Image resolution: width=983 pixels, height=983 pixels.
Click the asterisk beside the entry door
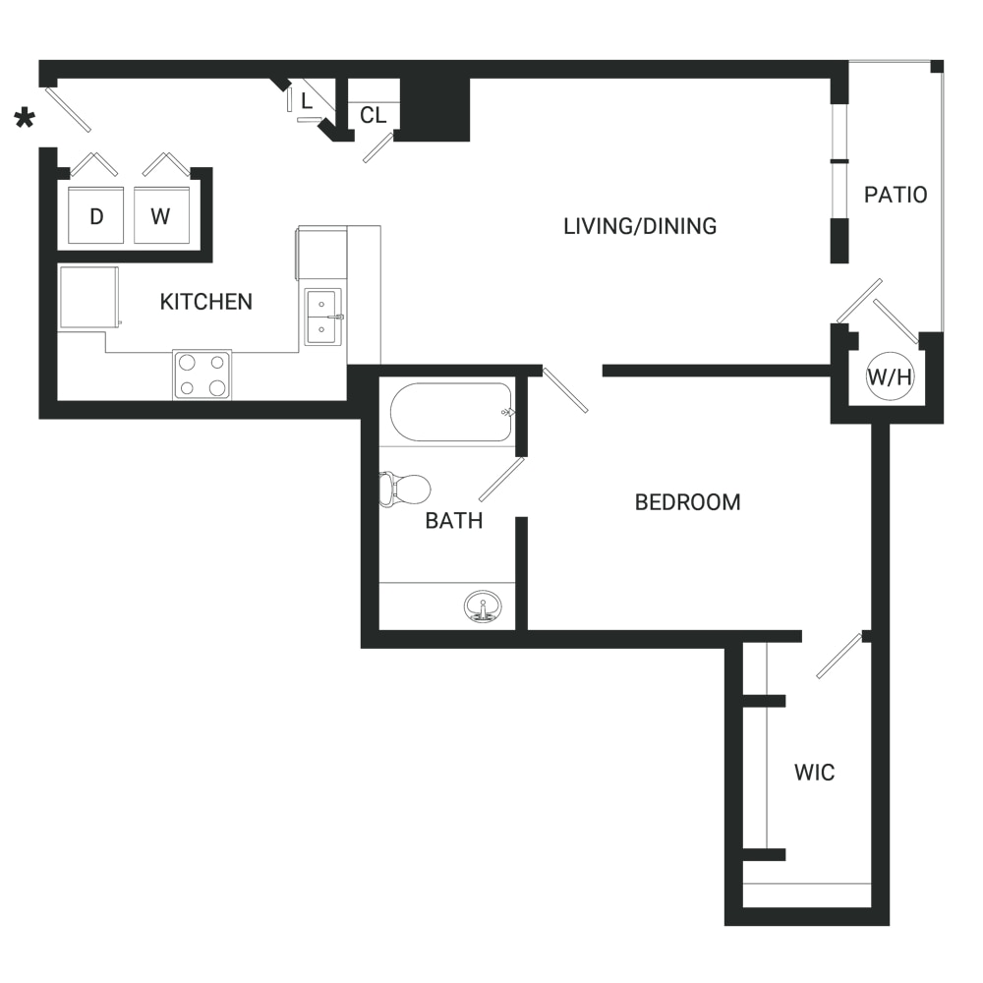point(25,118)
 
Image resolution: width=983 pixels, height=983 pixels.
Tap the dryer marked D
point(96,215)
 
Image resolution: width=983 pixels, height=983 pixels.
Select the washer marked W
point(162,215)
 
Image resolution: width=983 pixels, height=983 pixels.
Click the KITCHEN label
point(205,302)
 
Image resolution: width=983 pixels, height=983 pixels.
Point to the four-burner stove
point(202,375)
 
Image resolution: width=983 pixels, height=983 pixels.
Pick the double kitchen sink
point(323,317)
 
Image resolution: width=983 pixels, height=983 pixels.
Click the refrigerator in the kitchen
point(89,297)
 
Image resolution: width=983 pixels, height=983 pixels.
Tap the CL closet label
point(373,115)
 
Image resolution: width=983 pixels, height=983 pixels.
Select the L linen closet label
point(307,101)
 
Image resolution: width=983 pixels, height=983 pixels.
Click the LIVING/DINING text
point(640,226)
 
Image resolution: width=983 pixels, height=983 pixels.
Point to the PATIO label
point(896,195)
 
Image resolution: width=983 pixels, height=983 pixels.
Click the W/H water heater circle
point(890,376)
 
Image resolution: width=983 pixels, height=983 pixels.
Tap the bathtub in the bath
point(451,413)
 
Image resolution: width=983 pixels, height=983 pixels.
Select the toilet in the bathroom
point(404,489)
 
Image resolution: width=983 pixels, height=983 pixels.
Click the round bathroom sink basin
point(483,607)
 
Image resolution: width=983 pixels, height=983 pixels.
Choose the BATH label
point(454,520)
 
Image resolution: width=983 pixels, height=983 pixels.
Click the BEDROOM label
point(688,502)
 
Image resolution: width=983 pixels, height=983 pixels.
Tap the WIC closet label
point(814,773)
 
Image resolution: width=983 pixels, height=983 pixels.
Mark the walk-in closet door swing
point(839,656)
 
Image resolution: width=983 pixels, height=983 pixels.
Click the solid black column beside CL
point(435,108)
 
